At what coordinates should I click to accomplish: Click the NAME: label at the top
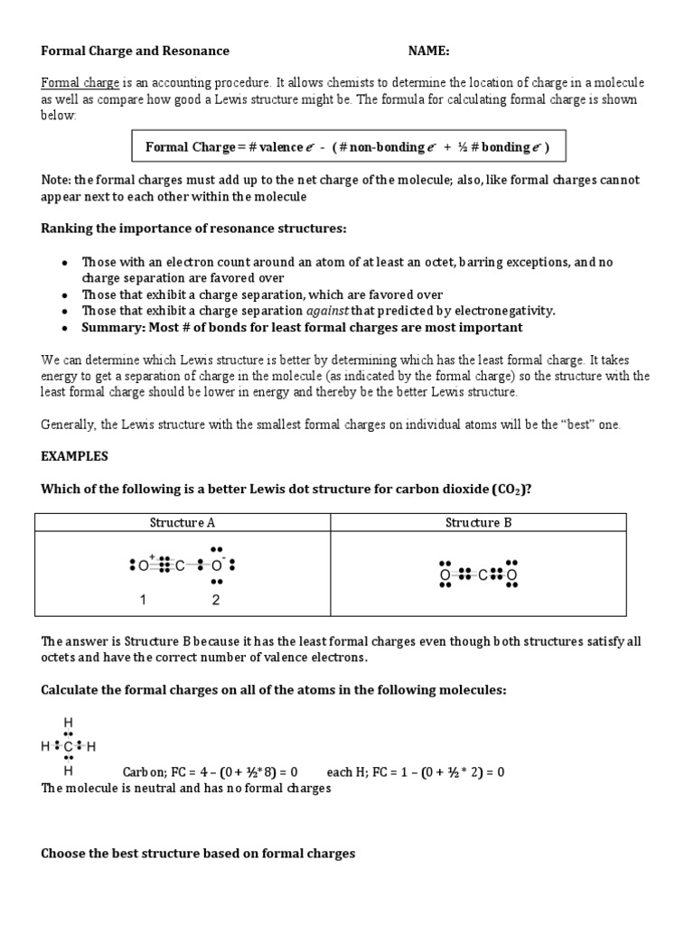pos(428,51)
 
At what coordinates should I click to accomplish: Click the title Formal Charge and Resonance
pos(135,51)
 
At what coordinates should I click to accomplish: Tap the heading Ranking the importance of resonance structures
pos(193,229)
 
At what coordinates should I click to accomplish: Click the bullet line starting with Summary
pos(302,327)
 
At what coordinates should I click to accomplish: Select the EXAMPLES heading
pos(74,457)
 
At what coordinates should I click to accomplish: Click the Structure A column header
pos(182,522)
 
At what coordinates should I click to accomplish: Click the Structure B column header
pos(478,522)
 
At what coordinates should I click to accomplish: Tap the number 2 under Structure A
pos(215,600)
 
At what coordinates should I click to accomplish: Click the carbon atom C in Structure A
pos(180,566)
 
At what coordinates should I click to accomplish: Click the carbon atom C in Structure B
pos(483,575)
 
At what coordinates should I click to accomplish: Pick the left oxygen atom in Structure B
pos(445,575)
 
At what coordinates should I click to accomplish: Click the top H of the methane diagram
pos(68,722)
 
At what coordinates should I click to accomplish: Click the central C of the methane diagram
pos(68,747)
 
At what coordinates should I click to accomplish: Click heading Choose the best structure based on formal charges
pos(198,853)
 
